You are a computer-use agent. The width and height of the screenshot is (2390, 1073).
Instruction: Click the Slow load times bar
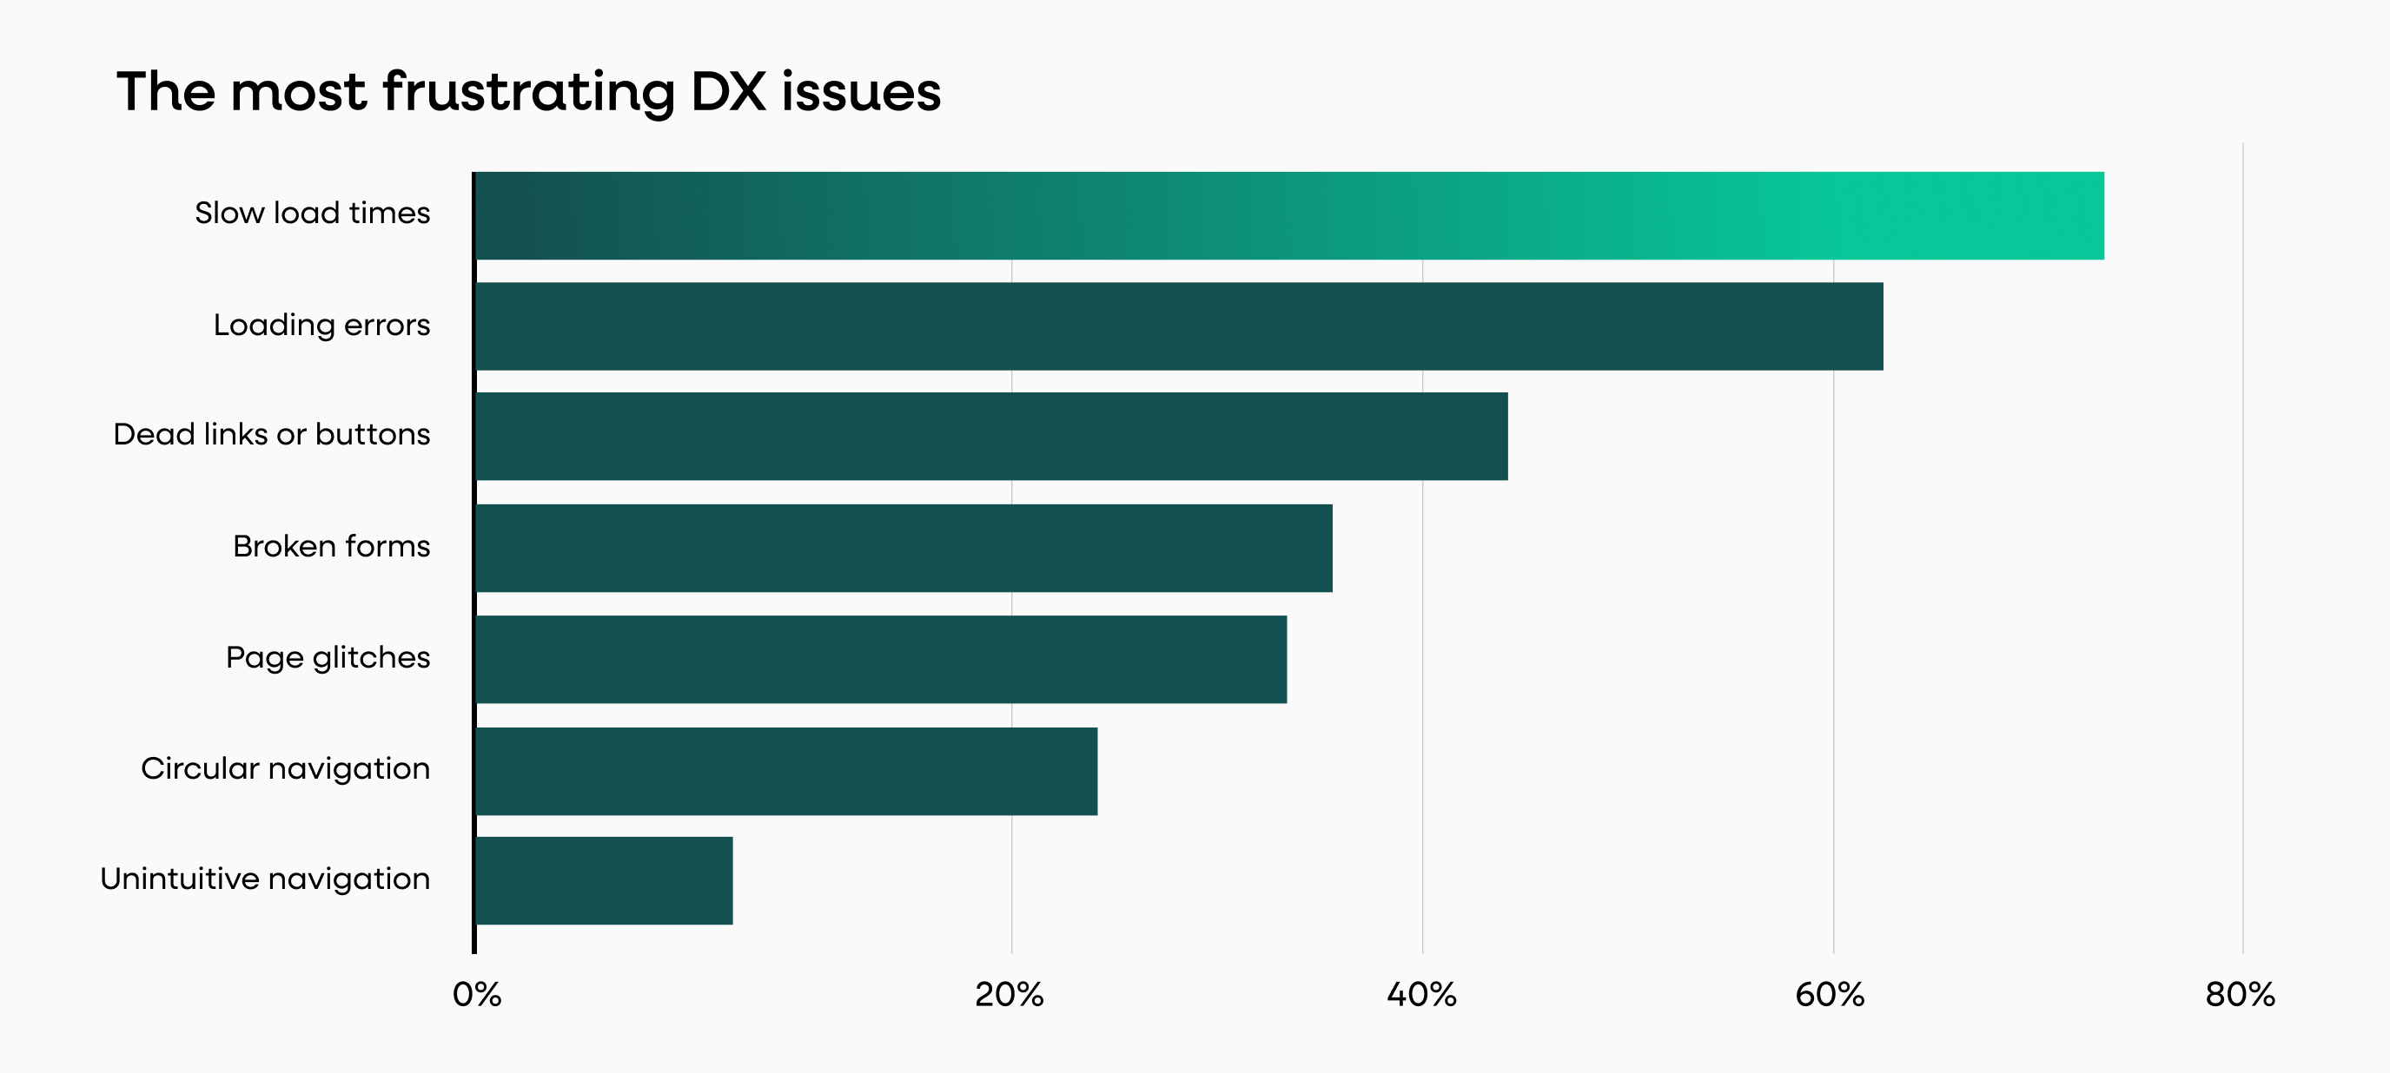(x=1289, y=215)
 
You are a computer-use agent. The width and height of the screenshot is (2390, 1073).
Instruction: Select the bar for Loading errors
(x=1178, y=326)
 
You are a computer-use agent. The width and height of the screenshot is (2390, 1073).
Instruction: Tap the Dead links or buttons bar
(x=991, y=436)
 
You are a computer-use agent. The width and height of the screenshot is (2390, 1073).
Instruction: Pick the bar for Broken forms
(x=904, y=548)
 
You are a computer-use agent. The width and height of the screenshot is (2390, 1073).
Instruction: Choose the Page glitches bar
(x=880, y=660)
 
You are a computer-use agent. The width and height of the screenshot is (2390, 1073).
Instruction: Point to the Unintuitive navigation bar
(x=604, y=880)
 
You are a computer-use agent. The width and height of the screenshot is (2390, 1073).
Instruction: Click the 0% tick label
(x=477, y=994)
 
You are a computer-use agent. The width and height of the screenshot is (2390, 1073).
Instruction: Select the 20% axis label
(x=1010, y=994)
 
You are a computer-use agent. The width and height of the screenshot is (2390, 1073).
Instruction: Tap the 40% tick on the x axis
(x=1421, y=994)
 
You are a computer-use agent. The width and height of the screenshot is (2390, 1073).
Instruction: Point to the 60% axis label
(x=1830, y=994)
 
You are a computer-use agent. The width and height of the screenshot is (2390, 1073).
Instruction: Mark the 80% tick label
(x=2240, y=994)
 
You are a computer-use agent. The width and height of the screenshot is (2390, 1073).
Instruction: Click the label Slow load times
(x=312, y=214)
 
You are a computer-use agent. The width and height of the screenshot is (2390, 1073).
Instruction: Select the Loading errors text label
(x=321, y=326)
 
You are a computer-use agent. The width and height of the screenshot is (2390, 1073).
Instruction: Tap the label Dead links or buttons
(x=271, y=434)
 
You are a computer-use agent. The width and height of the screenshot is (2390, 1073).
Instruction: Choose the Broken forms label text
(x=331, y=546)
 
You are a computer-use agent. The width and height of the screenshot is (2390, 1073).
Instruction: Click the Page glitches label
(x=328, y=657)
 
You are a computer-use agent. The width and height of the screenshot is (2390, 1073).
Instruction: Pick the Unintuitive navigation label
(x=264, y=879)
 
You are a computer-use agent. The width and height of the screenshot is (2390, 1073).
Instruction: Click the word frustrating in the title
(x=529, y=93)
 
